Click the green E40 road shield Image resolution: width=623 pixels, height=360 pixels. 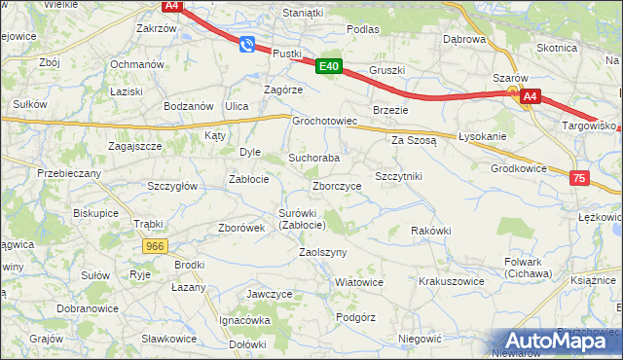(328, 66)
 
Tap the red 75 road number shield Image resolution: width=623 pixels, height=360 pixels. (579, 178)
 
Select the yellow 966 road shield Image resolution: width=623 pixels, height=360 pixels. (155, 247)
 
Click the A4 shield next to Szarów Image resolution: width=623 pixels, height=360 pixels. (529, 96)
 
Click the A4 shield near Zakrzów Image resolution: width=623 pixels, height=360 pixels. (171, 6)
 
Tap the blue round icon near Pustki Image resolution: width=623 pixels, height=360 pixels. (247, 44)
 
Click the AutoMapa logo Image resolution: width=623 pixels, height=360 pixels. (556, 340)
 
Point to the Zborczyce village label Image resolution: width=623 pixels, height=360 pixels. (337, 186)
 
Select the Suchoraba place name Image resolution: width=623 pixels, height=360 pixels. (313, 158)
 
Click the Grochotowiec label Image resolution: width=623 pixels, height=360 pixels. (326, 123)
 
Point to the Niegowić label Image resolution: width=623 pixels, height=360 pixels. (421, 339)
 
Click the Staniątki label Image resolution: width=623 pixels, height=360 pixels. (302, 13)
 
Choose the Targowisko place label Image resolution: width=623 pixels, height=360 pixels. (590, 126)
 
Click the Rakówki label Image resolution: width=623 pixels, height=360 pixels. (431, 231)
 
